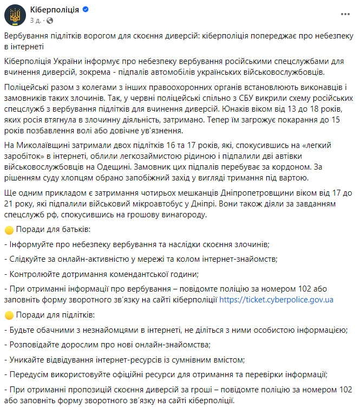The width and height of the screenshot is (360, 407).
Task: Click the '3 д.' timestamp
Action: (x=36, y=20)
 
